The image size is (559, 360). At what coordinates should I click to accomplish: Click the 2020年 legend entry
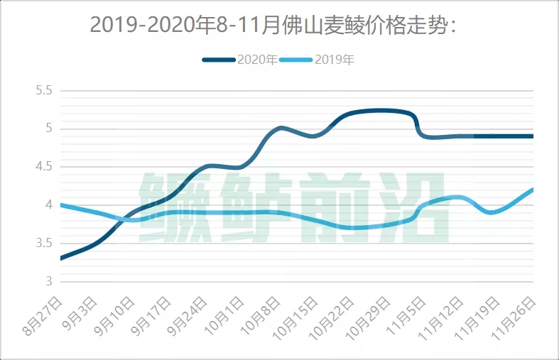(240, 60)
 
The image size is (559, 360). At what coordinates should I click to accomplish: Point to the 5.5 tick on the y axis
(44, 91)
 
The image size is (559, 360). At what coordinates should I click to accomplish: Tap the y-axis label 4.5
(44, 167)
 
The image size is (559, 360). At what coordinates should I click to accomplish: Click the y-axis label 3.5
(44, 244)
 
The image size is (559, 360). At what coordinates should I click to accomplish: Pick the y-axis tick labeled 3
(48, 282)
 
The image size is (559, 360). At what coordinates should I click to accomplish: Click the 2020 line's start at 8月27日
(61, 258)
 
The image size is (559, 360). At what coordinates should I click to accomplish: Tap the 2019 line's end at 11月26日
(532, 190)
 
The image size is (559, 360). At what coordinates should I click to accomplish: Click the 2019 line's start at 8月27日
(61, 204)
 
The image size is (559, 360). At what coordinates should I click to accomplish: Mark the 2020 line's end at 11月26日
(532, 136)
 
